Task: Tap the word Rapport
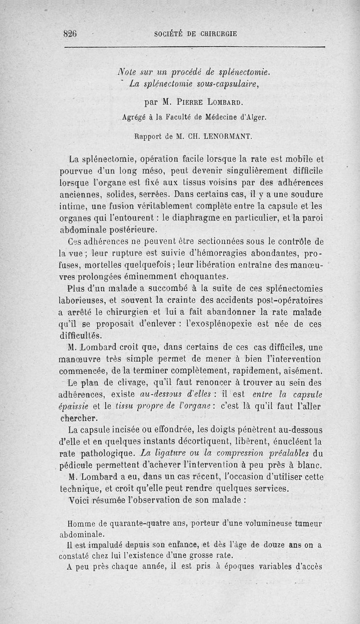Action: tap(149, 135)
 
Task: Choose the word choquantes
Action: tap(199, 276)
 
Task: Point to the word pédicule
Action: tap(78, 466)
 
